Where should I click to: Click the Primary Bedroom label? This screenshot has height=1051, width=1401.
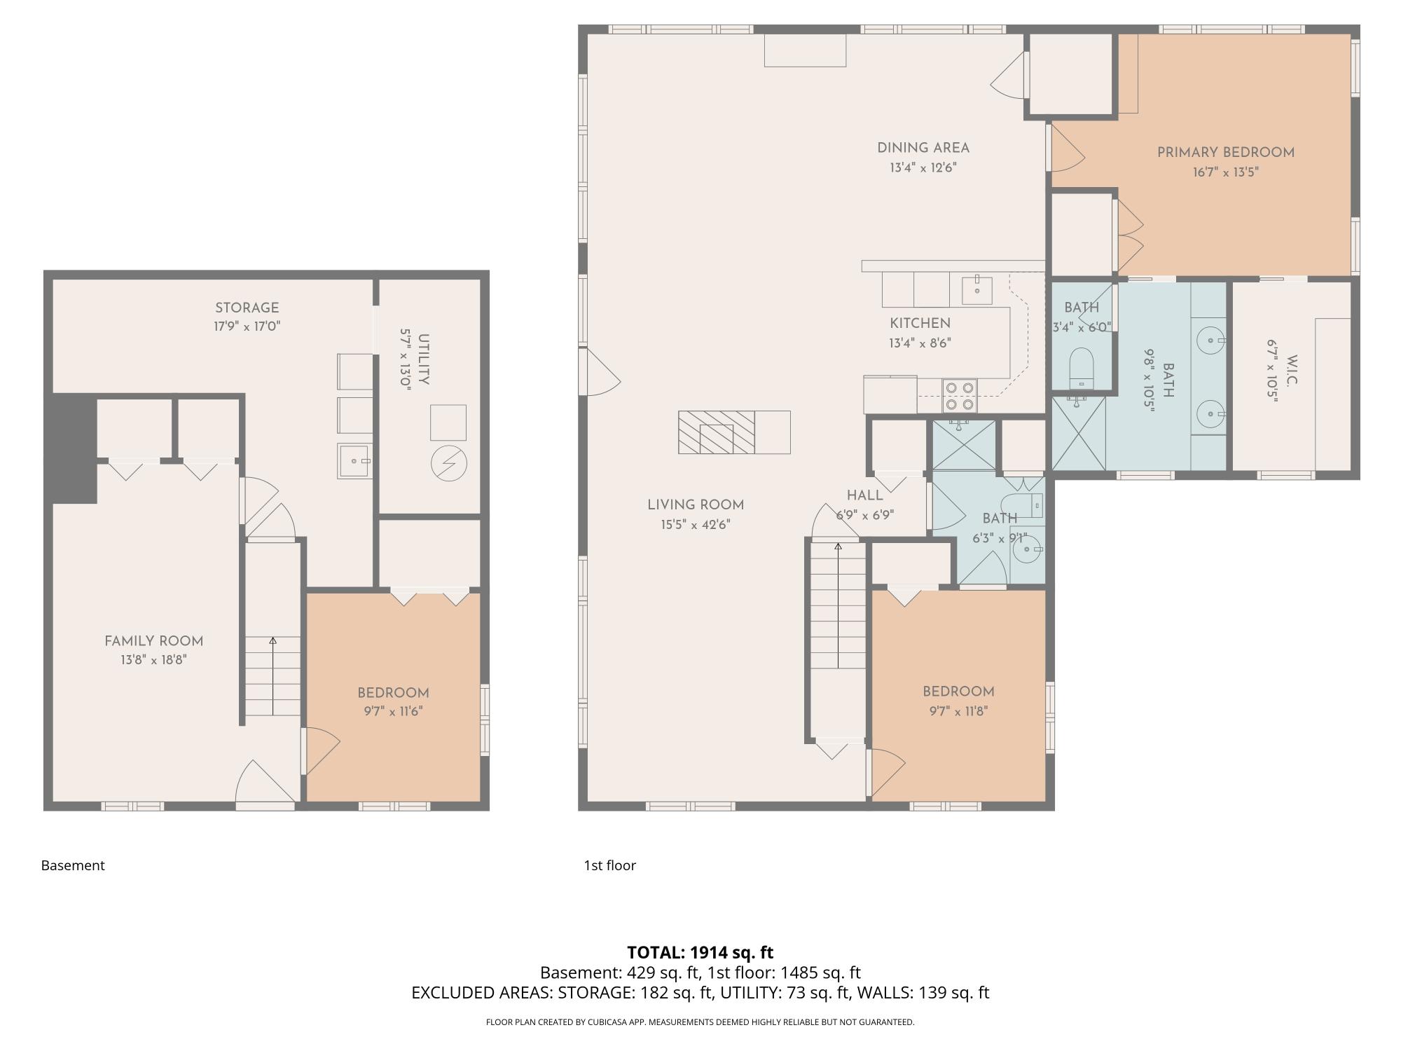[1225, 152]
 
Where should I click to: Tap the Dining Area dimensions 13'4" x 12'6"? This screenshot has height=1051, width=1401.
[923, 168]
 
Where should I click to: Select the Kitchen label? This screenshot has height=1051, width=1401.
[920, 323]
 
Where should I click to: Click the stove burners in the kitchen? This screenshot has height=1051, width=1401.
[960, 395]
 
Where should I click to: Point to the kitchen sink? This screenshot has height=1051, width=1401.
[976, 289]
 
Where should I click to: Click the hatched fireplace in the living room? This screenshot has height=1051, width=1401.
[716, 432]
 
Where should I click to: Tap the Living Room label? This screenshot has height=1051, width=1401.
[695, 504]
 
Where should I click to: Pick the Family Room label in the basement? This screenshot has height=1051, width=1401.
[153, 641]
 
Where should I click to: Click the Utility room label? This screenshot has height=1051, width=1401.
[424, 359]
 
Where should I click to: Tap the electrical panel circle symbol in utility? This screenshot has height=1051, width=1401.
[449, 462]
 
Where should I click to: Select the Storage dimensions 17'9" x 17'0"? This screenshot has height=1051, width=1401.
[247, 327]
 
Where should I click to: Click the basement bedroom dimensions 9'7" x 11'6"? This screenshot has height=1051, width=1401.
[393, 711]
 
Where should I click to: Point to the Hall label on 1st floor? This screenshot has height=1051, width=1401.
[864, 495]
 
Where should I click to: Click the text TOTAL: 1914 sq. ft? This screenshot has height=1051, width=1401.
[700, 953]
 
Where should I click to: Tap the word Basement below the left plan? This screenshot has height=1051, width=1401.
[73, 865]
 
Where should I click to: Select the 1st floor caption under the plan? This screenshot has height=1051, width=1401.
[609, 865]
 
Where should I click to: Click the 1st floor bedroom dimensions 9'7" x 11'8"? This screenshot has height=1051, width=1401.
[958, 711]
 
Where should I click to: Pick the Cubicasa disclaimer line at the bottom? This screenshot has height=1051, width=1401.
[700, 1022]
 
